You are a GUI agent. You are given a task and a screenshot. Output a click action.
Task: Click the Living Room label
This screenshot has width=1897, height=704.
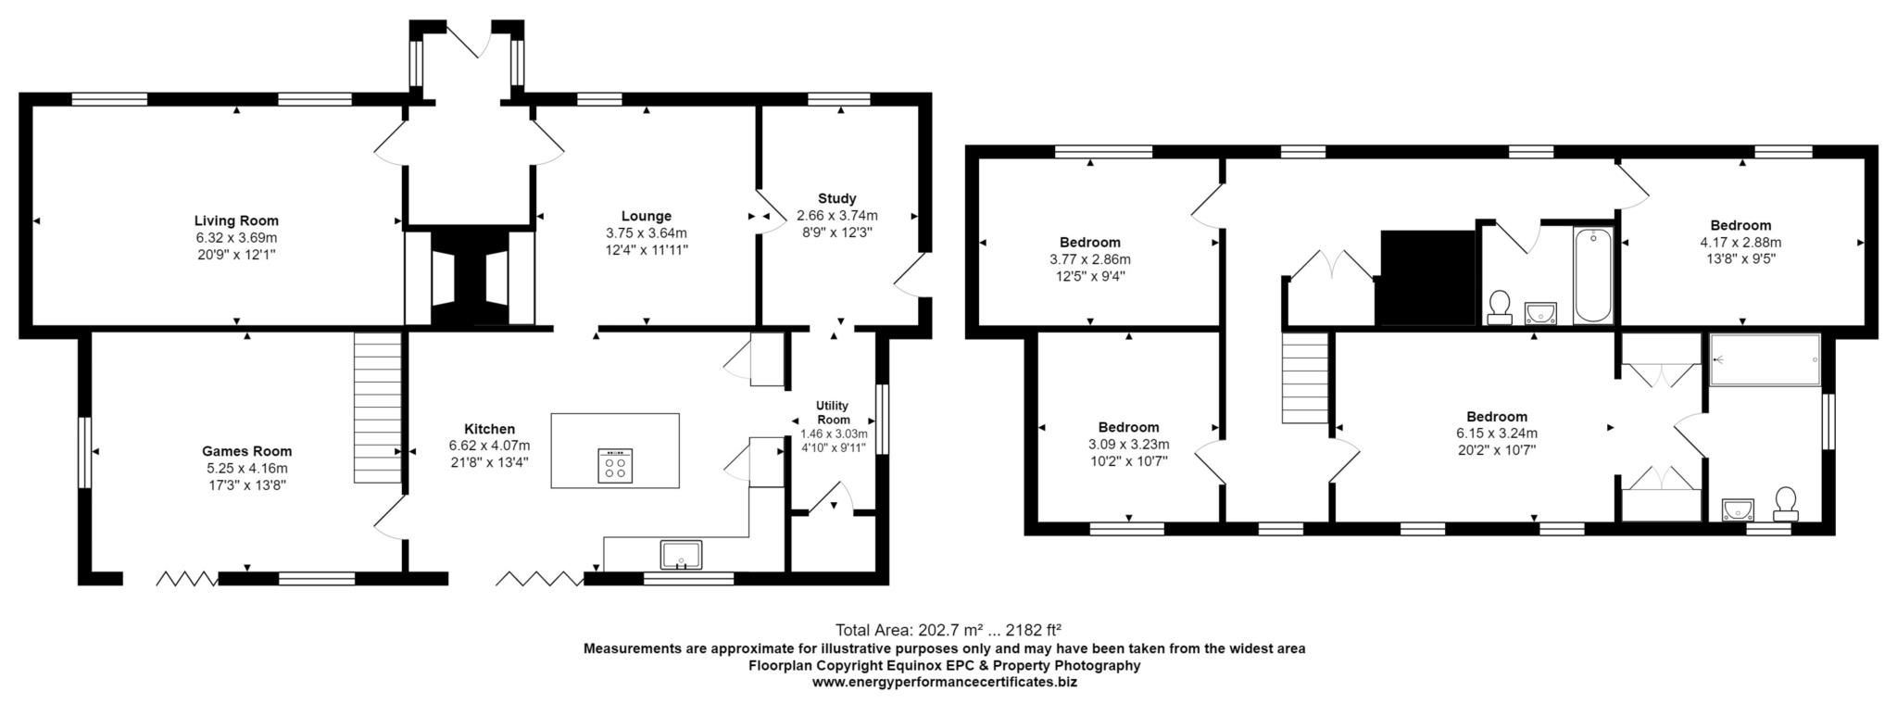[x=236, y=220]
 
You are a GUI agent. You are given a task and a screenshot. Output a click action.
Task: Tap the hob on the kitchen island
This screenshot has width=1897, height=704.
[x=616, y=464]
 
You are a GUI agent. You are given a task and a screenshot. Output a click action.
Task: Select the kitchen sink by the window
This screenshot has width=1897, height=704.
[x=682, y=555]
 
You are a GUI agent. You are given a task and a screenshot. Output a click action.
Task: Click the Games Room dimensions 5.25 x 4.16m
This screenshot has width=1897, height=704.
[x=247, y=468]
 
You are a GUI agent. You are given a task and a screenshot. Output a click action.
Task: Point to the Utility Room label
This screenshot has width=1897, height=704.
[x=832, y=412]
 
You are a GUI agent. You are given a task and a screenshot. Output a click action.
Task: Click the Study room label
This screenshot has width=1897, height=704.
[x=836, y=198]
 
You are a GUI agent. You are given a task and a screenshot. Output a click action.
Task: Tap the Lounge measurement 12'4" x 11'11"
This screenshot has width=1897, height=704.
[x=646, y=250]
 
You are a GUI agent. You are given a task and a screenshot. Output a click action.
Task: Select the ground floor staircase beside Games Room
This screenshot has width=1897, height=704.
[x=377, y=408]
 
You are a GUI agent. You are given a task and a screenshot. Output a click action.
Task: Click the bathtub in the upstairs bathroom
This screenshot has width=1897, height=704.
[x=1592, y=275]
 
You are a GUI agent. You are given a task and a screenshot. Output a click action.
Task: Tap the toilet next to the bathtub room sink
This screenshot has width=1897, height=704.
[x=1499, y=306]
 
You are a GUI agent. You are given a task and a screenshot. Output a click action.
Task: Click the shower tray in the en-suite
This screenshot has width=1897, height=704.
[x=1765, y=359]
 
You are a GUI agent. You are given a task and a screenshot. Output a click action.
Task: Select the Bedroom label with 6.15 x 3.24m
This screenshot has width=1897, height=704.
[x=1496, y=417]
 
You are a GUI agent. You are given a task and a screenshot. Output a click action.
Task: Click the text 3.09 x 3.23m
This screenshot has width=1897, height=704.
[x=1128, y=444]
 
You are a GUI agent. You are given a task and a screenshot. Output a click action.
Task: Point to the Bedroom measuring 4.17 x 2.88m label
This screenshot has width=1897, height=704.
[x=1740, y=225]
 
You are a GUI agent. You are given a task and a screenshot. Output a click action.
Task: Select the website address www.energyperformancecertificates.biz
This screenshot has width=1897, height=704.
[x=944, y=682]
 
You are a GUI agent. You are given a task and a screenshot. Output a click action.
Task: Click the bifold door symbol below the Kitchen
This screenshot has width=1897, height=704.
[x=538, y=579]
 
